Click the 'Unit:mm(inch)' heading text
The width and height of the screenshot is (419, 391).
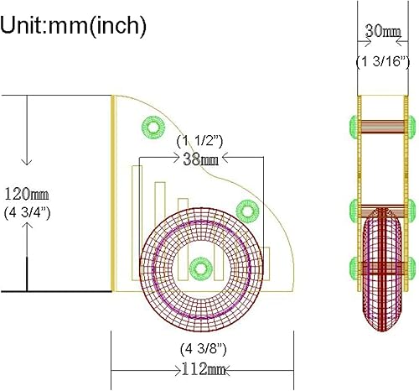point(73,26)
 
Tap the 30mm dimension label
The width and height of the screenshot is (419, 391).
point(383,31)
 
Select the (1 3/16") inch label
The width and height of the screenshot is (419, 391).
point(383,61)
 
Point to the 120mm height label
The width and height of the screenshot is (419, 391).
point(27,194)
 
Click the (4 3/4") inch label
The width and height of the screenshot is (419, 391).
point(27,213)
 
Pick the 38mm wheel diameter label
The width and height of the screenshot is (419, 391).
point(200,159)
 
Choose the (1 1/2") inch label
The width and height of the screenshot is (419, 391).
point(199,142)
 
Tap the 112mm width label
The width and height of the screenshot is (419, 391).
point(204,369)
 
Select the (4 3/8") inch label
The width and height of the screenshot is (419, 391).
point(204,349)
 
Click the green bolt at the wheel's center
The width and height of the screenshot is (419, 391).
point(200,268)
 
